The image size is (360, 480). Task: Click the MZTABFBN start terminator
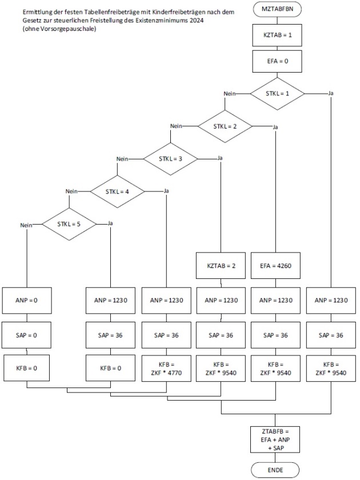coord(278,9)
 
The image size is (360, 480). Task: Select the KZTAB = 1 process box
coord(278,35)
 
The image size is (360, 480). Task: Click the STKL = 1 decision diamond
coord(278,93)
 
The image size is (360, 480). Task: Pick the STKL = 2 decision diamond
coord(225,126)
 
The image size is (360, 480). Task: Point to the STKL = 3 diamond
coord(171,158)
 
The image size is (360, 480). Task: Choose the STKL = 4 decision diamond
coord(117,191)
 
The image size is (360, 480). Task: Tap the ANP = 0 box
coord(27,299)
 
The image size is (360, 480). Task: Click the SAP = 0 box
coord(27,335)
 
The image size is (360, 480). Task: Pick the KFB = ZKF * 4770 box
coord(167,368)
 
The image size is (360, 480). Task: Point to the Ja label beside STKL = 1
coord(331,93)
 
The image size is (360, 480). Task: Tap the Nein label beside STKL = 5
coord(25,225)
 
